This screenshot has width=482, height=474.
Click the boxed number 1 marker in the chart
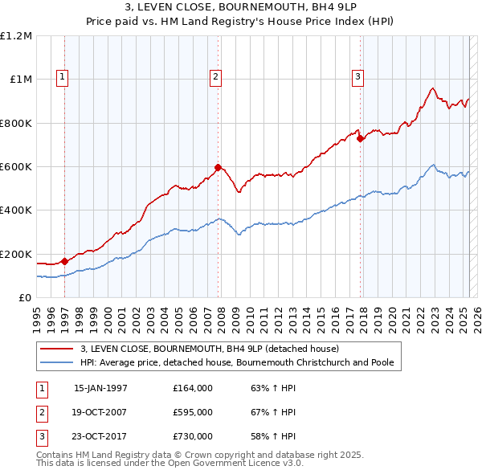(x=63, y=77)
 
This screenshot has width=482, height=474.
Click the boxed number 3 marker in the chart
(x=358, y=77)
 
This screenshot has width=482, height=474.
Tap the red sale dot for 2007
(x=218, y=168)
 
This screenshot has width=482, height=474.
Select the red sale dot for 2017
(x=361, y=138)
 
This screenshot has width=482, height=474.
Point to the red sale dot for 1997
(x=64, y=261)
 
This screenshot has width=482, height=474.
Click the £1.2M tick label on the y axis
(x=16, y=36)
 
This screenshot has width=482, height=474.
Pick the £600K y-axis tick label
(x=16, y=167)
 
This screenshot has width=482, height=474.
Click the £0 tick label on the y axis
(x=25, y=298)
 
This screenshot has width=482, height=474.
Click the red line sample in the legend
(x=56, y=349)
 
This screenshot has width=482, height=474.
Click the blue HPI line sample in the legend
(x=56, y=362)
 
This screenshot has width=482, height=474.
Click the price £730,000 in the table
(x=193, y=436)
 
